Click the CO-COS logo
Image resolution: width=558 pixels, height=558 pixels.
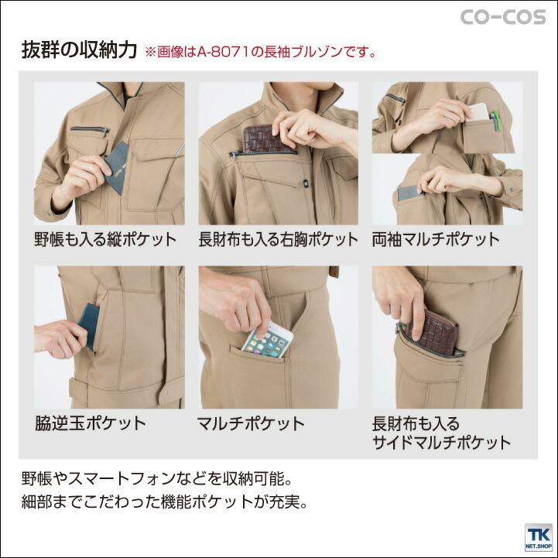tap(503, 17)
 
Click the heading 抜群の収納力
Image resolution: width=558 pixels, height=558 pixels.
tap(80, 51)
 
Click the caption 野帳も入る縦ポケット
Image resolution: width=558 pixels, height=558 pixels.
tap(104, 238)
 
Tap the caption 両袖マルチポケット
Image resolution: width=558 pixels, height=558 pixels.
tap(436, 238)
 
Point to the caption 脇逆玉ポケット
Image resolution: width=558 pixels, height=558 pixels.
tap(91, 423)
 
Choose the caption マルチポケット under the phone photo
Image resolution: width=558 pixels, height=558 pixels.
tap(252, 423)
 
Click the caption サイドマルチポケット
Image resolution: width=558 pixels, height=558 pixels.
tap(442, 443)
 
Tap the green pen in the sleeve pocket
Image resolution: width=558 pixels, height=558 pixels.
tap(496, 120)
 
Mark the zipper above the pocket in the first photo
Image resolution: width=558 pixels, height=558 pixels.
tap(88, 129)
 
